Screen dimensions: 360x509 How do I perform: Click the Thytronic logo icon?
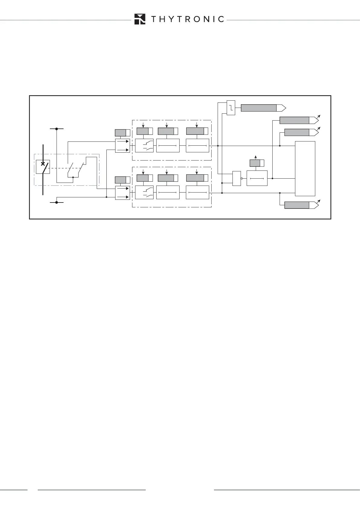point(140,19)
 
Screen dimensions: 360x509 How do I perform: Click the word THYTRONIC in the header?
point(187,19)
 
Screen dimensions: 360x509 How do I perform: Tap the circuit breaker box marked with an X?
point(43,167)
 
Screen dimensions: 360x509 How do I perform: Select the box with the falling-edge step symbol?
point(231,107)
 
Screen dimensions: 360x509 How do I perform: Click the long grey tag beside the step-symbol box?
point(259,108)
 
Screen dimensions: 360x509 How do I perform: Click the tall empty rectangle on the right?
point(305,168)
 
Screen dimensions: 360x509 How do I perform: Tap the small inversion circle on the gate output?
point(242,179)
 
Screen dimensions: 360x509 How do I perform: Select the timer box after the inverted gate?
point(257,178)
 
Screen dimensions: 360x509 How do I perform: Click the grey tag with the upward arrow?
point(255,163)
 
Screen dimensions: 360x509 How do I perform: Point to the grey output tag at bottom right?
point(297,205)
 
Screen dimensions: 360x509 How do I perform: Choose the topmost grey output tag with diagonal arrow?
point(294,120)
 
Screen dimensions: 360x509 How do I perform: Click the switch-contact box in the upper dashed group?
point(144,146)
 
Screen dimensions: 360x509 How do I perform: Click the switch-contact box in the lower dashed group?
point(144,193)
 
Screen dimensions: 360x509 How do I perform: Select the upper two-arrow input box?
point(122,146)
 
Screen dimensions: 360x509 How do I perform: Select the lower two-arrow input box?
point(122,193)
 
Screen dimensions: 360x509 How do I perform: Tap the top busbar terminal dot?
point(57,129)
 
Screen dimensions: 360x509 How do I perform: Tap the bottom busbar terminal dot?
point(57,202)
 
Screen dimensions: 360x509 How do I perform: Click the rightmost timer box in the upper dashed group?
point(197,146)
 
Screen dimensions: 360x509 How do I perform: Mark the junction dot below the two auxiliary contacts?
point(73,177)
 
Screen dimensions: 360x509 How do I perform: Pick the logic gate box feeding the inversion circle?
point(237,178)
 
